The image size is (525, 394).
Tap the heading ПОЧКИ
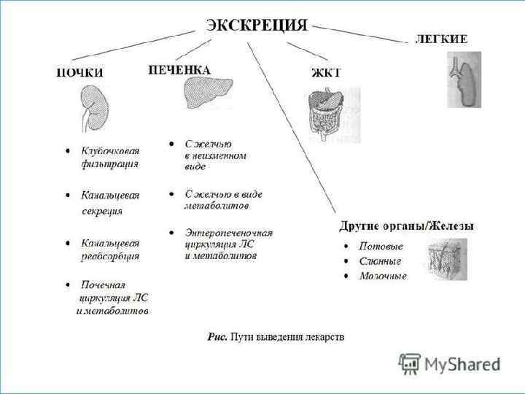(x=80, y=72)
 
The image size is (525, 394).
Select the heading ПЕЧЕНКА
(x=179, y=70)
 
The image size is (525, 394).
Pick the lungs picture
(x=464, y=80)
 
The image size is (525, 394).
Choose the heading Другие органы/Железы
(x=407, y=225)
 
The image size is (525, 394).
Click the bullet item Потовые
(x=381, y=247)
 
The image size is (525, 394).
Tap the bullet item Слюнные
(x=381, y=261)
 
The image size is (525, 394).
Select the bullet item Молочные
(x=383, y=276)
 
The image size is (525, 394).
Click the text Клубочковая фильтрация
(x=109, y=157)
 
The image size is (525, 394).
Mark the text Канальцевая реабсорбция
(x=109, y=249)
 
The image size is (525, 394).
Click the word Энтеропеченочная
(x=228, y=233)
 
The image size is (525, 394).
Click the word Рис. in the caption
(x=217, y=337)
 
